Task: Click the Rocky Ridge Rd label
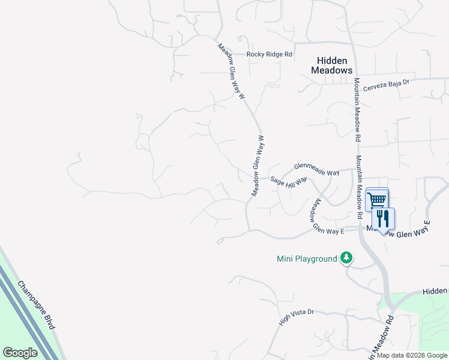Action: click(270, 55)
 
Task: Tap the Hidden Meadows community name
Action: click(331, 65)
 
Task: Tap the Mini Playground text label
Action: click(307, 259)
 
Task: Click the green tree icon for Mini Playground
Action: click(346, 258)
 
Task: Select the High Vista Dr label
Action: click(297, 318)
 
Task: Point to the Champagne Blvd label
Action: click(36, 305)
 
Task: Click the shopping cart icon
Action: click(376, 199)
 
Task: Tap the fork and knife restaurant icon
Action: click(383, 218)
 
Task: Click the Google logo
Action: click(20, 353)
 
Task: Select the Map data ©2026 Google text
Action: click(412, 355)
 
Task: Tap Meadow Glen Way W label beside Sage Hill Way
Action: click(259, 166)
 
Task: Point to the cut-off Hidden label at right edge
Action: click(435, 290)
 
